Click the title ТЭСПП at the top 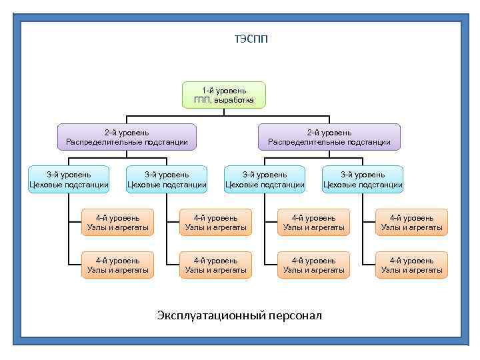coord(251,39)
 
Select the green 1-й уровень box coord(224,95)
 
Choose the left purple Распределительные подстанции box coord(127,137)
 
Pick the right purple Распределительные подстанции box coord(329,137)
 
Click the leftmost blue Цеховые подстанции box coord(69,179)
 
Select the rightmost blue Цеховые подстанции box coord(363,179)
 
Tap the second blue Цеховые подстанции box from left coord(167,179)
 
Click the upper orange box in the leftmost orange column coord(117,222)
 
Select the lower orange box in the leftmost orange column coord(117,265)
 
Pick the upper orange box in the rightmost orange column coord(411,222)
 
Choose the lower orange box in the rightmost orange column coord(411,265)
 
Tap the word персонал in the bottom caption coord(295,315)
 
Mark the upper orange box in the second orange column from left coord(215,222)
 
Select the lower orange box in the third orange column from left coord(313,265)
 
